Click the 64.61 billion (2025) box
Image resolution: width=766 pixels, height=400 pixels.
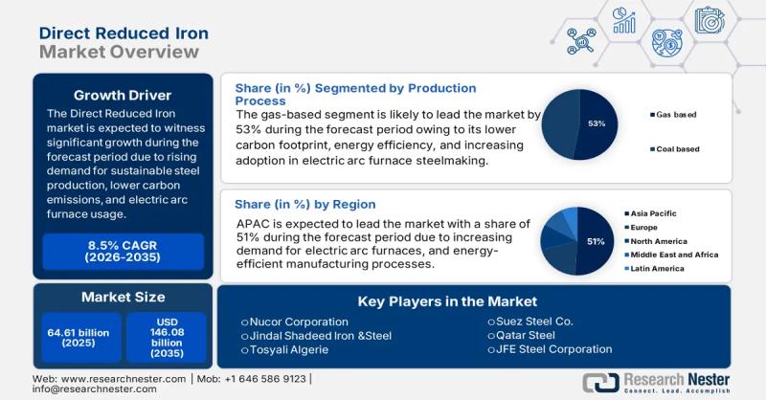(x=79, y=338)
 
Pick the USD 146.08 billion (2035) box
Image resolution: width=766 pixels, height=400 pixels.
(x=166, y=338)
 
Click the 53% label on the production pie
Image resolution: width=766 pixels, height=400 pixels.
(x=596, y=124)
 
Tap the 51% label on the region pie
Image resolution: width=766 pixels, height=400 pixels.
(x=596, y=241)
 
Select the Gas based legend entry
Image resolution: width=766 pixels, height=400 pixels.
(x=674, y=115)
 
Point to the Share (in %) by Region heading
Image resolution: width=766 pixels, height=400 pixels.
(x=305, y=204)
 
